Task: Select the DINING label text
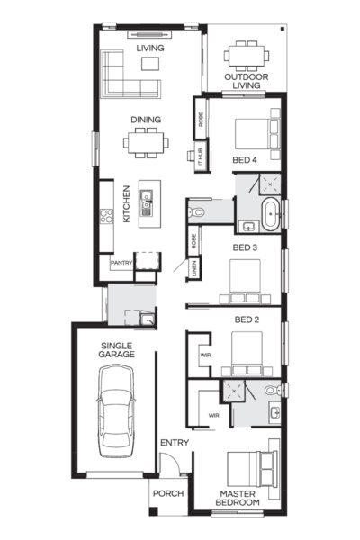point(147,119)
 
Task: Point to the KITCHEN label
point(127,203)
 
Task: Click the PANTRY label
point(121,263)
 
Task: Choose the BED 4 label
point(245,160)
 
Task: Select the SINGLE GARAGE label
point(117,350)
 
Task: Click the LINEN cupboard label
point(193,268)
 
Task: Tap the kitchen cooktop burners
point(106,216)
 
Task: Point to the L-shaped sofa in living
point(126,76)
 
